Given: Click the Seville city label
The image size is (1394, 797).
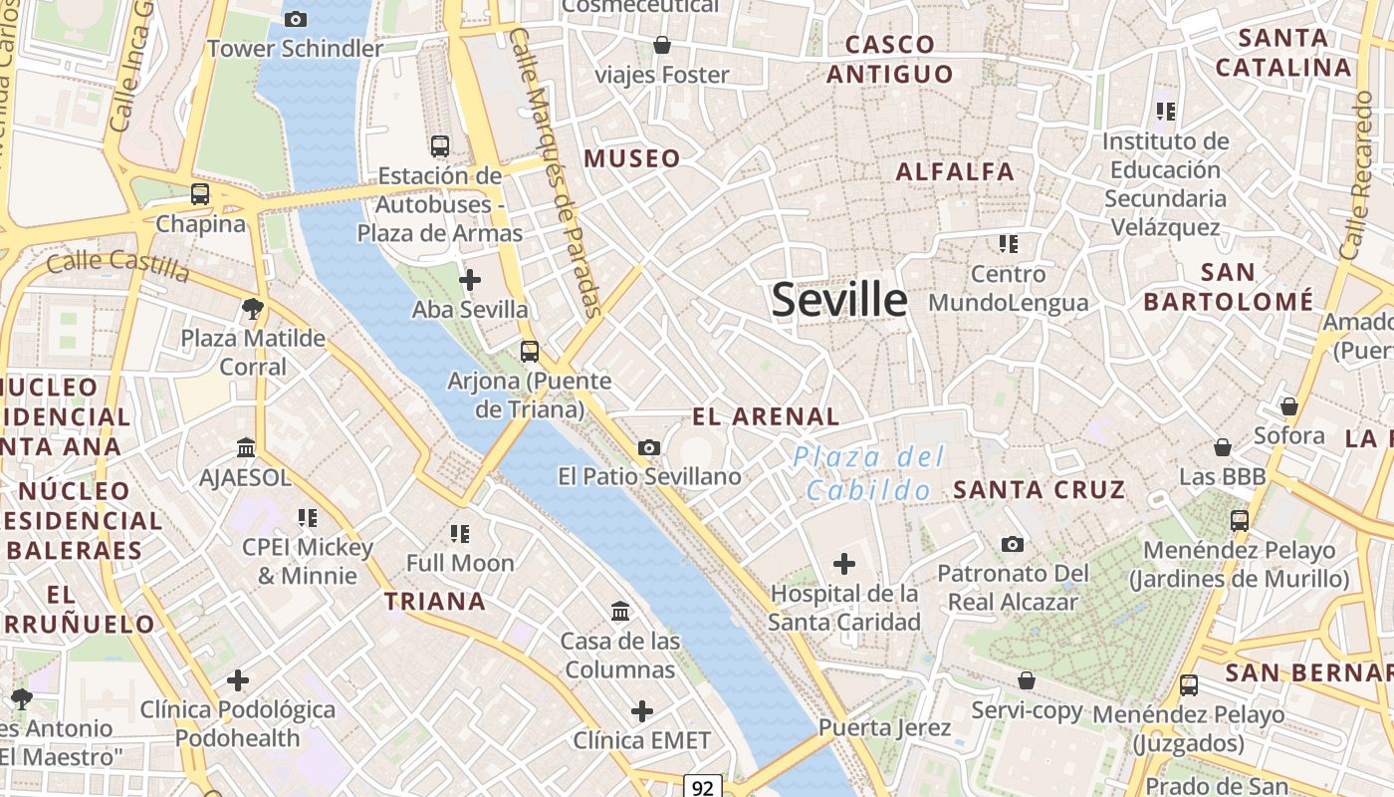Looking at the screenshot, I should (839, 300).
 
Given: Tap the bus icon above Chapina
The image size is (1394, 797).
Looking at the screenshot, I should (200, 194).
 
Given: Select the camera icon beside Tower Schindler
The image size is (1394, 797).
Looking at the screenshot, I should (295, 19).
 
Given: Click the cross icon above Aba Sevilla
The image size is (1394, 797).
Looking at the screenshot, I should (469, 280).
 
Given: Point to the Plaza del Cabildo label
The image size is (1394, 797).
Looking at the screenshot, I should (868, 473).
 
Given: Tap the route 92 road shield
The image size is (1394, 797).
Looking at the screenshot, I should (703, 788).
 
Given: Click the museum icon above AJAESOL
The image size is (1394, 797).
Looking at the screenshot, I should (246, 448).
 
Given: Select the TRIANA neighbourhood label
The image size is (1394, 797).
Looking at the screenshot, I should (435, 601).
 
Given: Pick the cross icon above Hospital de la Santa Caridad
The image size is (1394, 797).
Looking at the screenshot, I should (843, 565).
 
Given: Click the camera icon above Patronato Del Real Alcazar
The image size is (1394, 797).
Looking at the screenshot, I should (1013, 544).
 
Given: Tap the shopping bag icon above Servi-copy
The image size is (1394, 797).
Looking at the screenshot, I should (1026, 680).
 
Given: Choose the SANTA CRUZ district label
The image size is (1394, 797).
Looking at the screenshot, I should (1040, 489).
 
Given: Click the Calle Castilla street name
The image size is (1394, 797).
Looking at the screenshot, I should (117, 265).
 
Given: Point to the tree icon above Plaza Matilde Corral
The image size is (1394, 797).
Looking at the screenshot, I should (253, 308).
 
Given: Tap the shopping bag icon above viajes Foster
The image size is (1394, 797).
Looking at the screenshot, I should (661, 45).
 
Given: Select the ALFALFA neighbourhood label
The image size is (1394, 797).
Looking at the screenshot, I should (955, 171).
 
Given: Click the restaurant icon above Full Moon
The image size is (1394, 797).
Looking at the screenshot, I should (459, 533).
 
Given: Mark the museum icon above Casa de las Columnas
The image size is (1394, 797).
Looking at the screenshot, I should (620, 611).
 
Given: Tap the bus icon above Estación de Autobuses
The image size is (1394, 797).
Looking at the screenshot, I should (439, 146).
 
